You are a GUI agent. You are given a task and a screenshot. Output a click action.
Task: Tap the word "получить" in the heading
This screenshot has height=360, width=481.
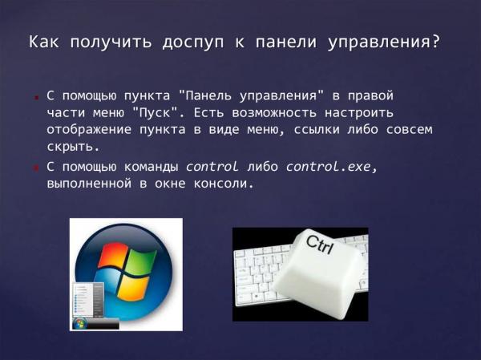[102, 42]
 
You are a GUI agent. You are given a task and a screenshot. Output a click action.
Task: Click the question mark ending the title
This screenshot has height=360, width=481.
[435, 42]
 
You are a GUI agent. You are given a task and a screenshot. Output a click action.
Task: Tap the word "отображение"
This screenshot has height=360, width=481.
[90, 131]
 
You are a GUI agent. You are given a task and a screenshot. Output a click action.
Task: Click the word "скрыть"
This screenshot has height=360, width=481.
[72, 148]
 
